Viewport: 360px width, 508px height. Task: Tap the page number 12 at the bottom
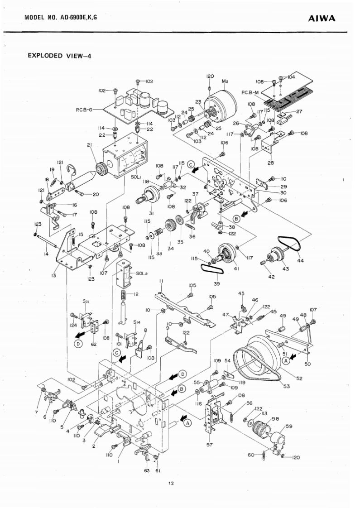coord(171,483)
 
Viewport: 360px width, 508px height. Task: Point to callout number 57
coord(209,445)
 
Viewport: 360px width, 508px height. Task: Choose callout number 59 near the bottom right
coord(289,426)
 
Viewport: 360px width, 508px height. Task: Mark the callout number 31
coord(140,213)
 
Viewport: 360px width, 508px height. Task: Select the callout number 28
coord(271,163)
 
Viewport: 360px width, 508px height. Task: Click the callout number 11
coord(161,281)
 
